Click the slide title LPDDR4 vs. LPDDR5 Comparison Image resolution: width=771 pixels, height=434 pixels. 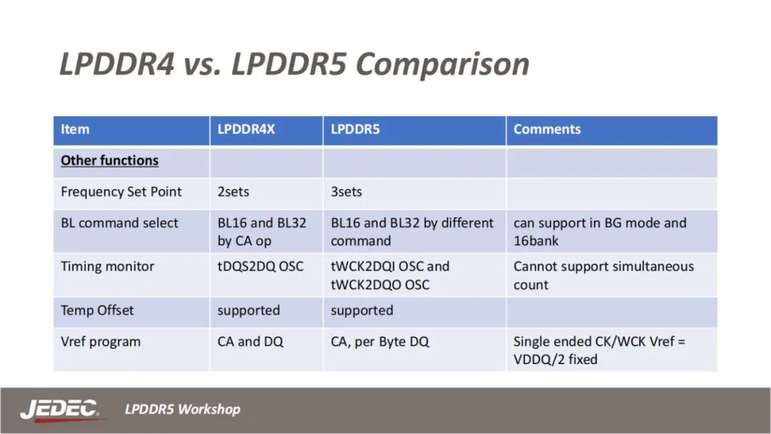294,64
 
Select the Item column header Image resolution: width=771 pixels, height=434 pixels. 75,129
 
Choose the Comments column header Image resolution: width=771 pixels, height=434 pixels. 547,129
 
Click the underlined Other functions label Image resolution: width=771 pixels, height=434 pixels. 109,161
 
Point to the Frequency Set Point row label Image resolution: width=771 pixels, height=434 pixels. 121,192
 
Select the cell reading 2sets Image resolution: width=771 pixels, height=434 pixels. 235,192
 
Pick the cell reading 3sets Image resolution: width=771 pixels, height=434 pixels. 346,192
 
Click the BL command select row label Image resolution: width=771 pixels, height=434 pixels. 119,223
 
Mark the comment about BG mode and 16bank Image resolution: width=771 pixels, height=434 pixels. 600,232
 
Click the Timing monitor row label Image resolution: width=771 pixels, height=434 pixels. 107,266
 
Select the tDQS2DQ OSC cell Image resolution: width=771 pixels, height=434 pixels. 261,266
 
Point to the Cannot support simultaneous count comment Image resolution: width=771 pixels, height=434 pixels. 603,276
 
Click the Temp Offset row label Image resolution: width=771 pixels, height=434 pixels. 97,311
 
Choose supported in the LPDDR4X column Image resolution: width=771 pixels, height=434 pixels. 248,311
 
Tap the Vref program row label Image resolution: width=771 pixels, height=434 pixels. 101,342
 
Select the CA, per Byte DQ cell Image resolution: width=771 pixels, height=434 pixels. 380,342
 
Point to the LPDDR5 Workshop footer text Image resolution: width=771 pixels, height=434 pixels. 183,410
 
